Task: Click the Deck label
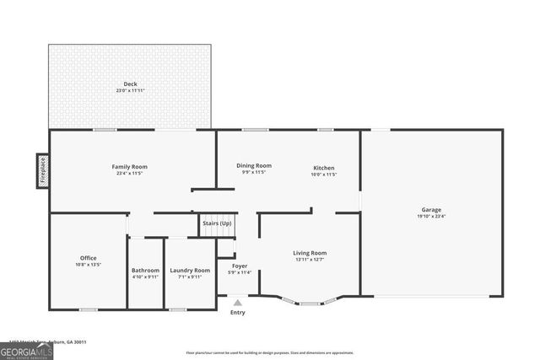[130, 83]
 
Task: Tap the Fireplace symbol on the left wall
[42, 171]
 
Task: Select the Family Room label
[130, 166]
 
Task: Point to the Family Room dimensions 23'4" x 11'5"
[130, 174]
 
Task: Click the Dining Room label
[253, 165]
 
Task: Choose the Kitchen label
[325, 167]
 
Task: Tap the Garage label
[431, 209]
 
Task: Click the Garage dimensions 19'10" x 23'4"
[431, 217]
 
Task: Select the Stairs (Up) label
[217, 223]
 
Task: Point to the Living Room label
[310, 252]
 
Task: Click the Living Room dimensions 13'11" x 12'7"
[310, 260]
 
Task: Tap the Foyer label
[239, 265]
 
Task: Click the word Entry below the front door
[238, 313]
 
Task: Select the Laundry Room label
[190, 270]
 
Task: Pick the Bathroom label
[145, 270]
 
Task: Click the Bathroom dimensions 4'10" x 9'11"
[145, 277]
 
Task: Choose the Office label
[89, 257]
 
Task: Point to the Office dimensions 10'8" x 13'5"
[89, 265]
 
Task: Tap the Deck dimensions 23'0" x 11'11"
[130, 91]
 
